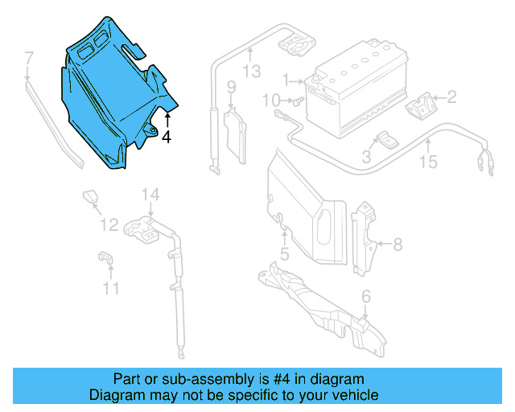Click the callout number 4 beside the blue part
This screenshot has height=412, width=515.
(167, 138)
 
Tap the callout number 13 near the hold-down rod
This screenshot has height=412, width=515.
(252, 72)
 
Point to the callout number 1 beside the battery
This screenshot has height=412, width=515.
(285, 80)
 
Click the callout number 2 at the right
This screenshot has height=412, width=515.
(451, 98)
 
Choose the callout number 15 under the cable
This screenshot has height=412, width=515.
(428, 163)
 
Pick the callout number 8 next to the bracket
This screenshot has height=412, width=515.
(397, 243)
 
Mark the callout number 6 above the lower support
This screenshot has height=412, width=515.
(366, 297)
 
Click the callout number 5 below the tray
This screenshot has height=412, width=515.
(284, 255)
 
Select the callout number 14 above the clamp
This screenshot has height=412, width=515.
(151, 194)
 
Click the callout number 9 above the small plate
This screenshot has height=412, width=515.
(230, 87)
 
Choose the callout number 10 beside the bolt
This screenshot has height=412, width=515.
(271, 100)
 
